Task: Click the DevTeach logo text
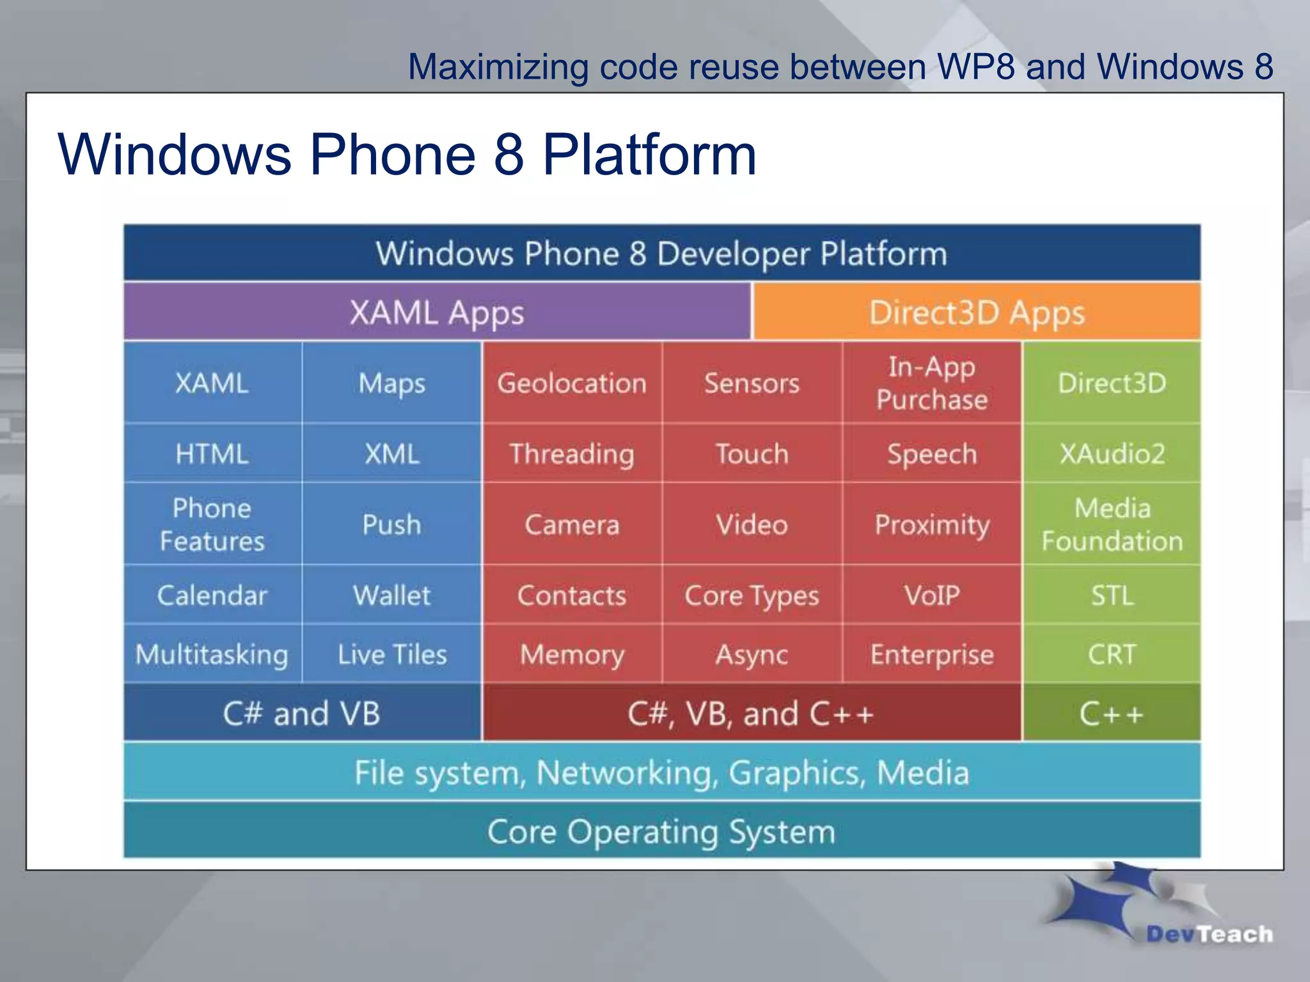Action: click(1209, 934)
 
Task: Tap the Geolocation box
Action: click(572, 383)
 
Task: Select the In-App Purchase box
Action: click(932, 383)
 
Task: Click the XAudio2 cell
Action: click(1112, 453)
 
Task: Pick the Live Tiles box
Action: click(391, 654)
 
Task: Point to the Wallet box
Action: click(391, 595)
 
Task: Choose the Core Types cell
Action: click(752, 595)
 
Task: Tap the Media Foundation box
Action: click(1112, 524)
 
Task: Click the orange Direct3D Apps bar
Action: click(977, 313)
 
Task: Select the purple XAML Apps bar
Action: click(437, 313)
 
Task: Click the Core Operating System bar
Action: click(661, 832)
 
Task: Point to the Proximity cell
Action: click(932, 524)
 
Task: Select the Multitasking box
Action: click(212, 654)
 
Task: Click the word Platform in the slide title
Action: click(649, 155)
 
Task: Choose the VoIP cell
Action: click(932, 595)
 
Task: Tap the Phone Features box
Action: click(212, 524)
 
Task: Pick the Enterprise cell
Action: click(932, 654)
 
